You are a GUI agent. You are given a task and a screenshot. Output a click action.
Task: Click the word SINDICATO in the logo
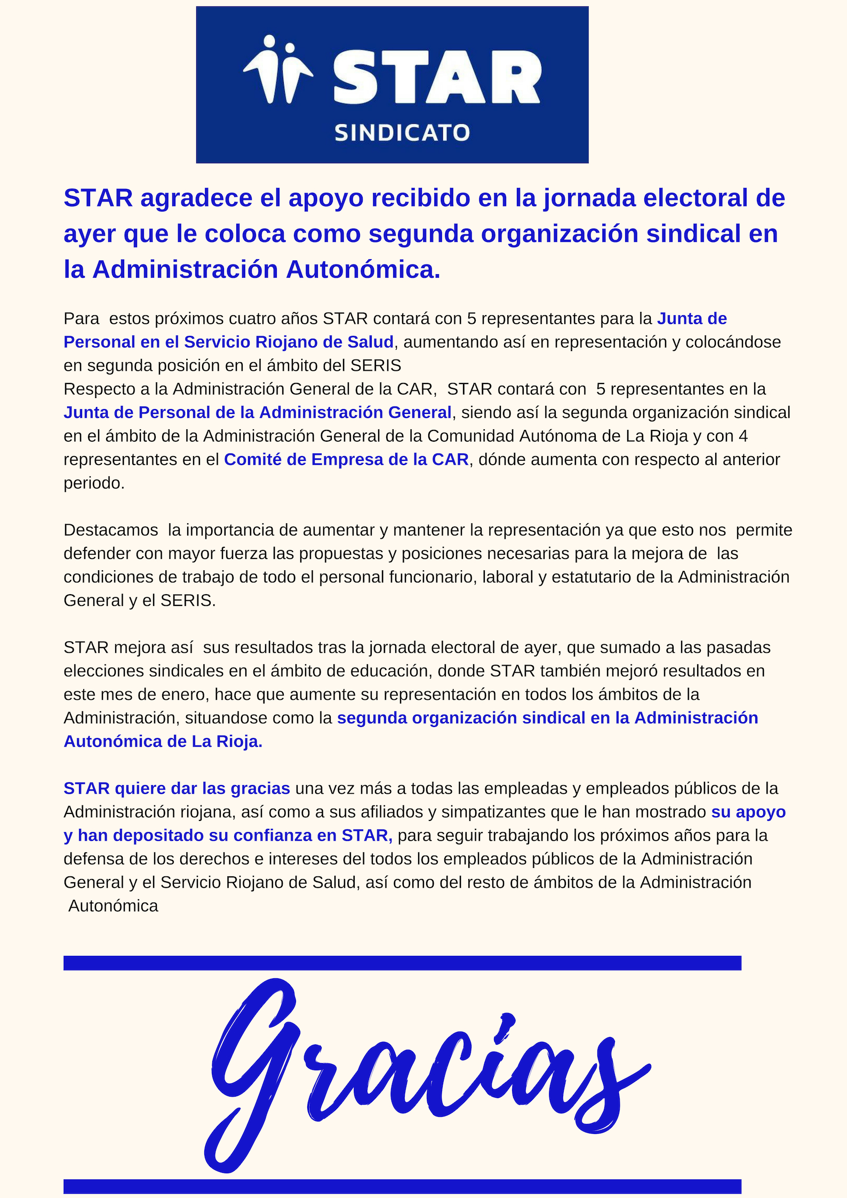(402, 133)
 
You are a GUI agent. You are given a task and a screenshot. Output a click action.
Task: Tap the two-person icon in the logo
(278, 69)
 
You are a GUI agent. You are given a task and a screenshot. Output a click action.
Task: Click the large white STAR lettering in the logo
(437, 77)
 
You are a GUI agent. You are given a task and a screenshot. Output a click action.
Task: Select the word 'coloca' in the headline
(245, 234)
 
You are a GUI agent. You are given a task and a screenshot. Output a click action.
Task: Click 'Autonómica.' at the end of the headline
(363, 269)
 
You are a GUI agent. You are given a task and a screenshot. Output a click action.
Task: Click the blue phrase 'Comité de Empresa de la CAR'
(346, 459)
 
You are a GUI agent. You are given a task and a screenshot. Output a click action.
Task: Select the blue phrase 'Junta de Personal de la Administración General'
(257, 412)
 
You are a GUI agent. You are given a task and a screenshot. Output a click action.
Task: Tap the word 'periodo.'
(94, 483)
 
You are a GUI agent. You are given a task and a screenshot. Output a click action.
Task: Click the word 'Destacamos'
(111, 530)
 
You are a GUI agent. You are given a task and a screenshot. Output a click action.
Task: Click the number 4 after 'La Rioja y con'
(743, 436)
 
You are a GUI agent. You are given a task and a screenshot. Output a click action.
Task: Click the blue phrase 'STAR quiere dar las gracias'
(177, 788)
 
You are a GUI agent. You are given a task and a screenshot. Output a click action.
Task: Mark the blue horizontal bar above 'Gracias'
(402, 963)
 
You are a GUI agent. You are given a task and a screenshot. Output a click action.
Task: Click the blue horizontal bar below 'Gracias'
(402, 1186)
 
